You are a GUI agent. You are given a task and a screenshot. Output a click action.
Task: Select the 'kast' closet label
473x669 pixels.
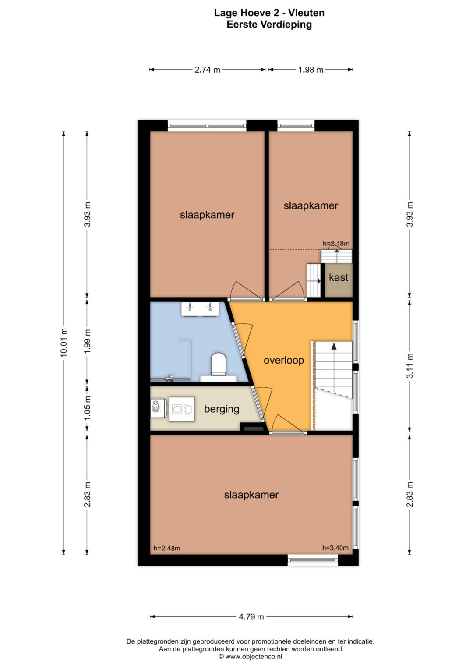click(x=338, y=277)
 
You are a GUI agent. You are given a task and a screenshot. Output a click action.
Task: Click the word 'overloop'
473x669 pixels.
click(x=284, y=360)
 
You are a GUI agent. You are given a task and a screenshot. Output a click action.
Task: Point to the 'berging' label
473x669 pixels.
click(x=222, y=409)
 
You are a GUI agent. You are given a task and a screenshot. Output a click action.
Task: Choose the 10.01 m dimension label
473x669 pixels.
click(x=64, y=342)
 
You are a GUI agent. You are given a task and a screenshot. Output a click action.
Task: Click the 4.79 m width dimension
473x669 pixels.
click(x=251, y=617)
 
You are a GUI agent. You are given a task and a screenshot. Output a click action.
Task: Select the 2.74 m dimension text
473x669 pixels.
click(x=207, y=70)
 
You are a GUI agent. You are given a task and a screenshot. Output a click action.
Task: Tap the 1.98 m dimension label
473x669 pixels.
click(x=311, y=70)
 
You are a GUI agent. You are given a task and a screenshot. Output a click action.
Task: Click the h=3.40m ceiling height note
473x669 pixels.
click(x=335, y=548)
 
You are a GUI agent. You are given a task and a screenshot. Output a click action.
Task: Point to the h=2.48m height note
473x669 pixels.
click(x=166, y=548)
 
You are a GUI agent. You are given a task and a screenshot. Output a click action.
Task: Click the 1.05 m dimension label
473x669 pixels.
click(x=87, y=408)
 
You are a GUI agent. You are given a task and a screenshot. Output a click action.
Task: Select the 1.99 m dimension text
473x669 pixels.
click(x=87, y=341)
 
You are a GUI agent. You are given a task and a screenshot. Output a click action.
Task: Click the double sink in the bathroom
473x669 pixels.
click(x=200, y=309)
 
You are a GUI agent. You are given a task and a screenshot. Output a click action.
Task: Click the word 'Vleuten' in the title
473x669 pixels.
click(x=307, y=13)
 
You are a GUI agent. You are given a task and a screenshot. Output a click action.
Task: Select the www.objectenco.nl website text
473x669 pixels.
click(x=254, y=656)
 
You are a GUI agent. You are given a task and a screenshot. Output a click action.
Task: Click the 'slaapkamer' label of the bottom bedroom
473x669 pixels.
click(x=251, y=495)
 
